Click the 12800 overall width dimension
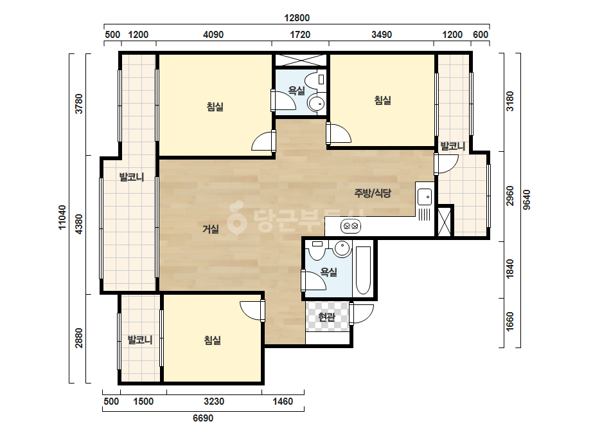pyautogui.click(x=297, y=18)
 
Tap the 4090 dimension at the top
pyautogui.click(x=213, y=35)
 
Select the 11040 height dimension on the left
pyautogui.click(x=62, y=217)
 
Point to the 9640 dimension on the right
pyautogui.click(x=526, y=199)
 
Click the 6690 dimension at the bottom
pyautogui.click(x=203, y=418)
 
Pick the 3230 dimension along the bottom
pyautogui.click(x=214, y=402)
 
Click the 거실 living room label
pyautogui.click(x=211, y=229)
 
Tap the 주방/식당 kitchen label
pyautogui.click(x=373, y=193)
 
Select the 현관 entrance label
pyautogui.click(x=327, y=317)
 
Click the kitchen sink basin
pyautogui.click(x=425, y=197)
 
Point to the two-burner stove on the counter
pyautogui.click(x=351, y=227)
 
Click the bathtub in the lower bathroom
pyautogui.click(x=363, y=270)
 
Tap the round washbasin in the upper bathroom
pyautogui.click(x=316, y=103)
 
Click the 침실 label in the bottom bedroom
pyautogui.click(x=213, y=340)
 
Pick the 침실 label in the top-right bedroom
pyautogui.click(x=383, y=100)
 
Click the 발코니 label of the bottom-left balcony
pyautogui.click(x=140, y=340)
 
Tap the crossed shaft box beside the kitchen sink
pyautogui.click(x=444, y=221)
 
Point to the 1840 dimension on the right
pyautogui.click(x=509, y=268)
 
